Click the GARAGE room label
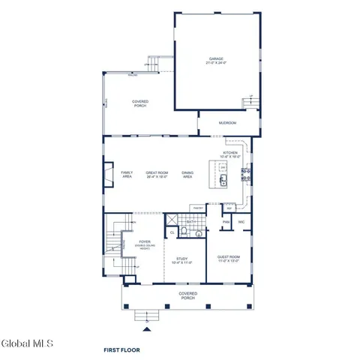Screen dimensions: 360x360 (x=216, y=60)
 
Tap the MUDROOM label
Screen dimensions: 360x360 (x=228, y=121)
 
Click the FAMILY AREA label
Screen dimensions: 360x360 (x=127, y=174)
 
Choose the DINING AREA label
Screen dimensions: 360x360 (x=187, y=174)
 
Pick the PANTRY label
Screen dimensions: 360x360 (x=197, y=207)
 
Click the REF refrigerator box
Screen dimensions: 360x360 (x=229, y=208)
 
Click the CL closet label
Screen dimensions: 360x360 (x=172, y=233)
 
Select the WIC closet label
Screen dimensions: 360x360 (x=241, y=222)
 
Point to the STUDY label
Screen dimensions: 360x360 (x=182, y=260)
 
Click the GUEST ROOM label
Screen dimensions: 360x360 (x=229, y=257)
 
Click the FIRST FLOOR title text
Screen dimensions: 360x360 (x=121, y=349)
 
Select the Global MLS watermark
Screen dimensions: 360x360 (x=27, y=343)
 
